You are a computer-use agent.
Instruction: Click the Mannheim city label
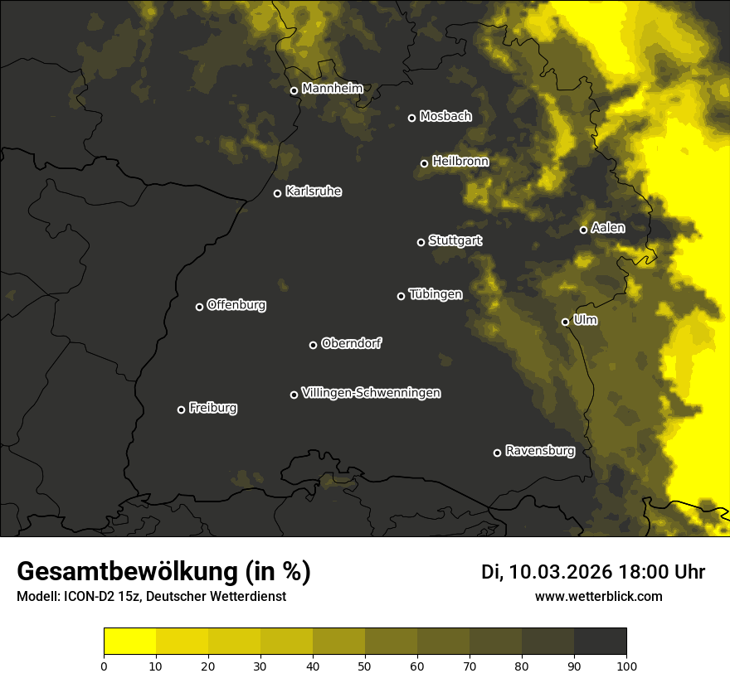tap(332, 88)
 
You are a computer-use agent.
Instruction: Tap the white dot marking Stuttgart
tap(421, 242)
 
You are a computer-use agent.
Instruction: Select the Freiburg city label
tap(212, 408)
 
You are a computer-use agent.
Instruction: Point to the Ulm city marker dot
tap(565, 322)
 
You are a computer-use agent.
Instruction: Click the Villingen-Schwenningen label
tap(371, 393)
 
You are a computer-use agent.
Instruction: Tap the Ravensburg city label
tap(539, 451)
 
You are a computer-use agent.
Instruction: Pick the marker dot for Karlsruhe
tap(277, 193)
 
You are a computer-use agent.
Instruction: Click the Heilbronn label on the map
tap(460, 162)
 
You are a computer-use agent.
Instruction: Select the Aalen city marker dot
tap(583, 230)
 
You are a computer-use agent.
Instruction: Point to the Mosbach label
tap(445, 116)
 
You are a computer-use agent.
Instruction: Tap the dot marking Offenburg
tap(199, 307)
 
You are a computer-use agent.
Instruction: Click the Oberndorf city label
tap(351, 343)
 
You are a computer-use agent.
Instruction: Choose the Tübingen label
tap(436, 294)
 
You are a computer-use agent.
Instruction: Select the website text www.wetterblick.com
tap(598, 597)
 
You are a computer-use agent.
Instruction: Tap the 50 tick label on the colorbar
tap(365, 665)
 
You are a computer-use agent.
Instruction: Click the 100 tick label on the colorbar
tap(625, 665)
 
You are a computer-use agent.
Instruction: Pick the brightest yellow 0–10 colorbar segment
tap(130, 642)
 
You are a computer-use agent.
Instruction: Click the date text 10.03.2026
tap(561, 572)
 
